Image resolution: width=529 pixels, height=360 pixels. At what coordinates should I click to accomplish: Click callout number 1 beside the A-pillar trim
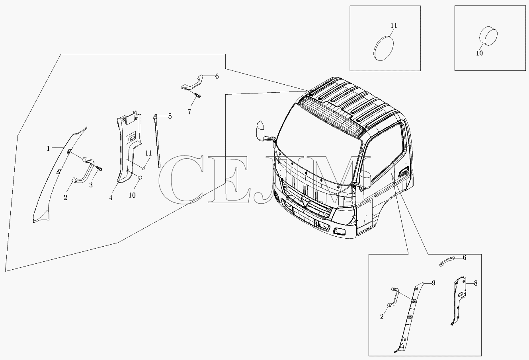(x=48, y=148)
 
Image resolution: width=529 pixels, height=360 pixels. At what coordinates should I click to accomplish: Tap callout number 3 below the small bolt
(x=91, y=185)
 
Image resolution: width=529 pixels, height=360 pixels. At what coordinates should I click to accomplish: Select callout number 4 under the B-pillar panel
(x=111, y=198)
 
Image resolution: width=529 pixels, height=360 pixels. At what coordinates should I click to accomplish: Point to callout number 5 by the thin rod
(x=170, y=116)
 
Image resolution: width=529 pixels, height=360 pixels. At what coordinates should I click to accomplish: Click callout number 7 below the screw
(x=189, y=112)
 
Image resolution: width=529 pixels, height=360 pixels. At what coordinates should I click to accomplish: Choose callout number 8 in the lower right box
(x=476, y=283)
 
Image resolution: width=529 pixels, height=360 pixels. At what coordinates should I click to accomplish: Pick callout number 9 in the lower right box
(x=433, y=283)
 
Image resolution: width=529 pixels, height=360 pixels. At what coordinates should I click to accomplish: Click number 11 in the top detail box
(x=394, y=25)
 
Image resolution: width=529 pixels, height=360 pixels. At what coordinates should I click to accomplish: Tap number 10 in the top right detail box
(x=479, y=53)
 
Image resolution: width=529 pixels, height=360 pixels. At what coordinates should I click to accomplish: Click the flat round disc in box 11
(x=384, y=48)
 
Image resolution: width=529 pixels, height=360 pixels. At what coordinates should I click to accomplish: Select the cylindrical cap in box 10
(x=488, y=36)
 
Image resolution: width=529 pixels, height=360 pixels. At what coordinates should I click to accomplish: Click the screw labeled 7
(x=198, y=95)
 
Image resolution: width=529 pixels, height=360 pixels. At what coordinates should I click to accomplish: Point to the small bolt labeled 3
(x=100, y=168)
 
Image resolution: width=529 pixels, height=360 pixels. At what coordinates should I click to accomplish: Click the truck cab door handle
(x=403, y=171)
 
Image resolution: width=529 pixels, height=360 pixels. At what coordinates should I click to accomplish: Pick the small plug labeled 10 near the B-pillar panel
(x=140, y=177)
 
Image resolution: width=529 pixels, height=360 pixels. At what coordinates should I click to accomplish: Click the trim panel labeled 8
(x=458, y=301)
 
